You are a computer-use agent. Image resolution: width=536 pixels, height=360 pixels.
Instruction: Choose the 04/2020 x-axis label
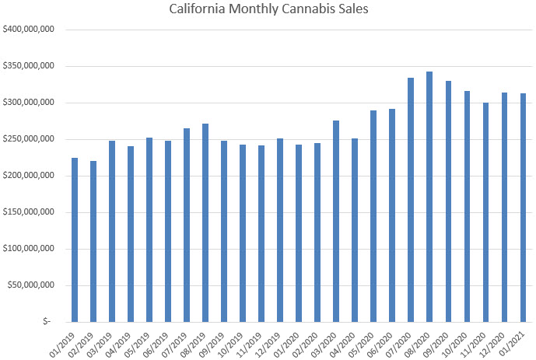click(x=344, y=341)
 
